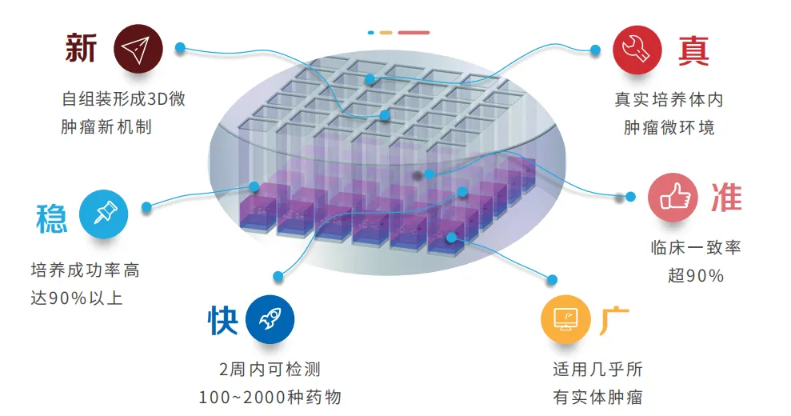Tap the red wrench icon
(x=637, y=49)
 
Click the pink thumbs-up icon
(x=672, y=198)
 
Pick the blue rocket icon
(x=270, y=319)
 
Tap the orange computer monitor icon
(x=565, y=318)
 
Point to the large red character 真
(x=693, y=50)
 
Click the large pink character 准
(x=726, y=198)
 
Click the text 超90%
(x=696, y=276)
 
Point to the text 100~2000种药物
(x=270, y=398)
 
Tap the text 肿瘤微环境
(x=669, y=127)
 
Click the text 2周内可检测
(x=270, y=370)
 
